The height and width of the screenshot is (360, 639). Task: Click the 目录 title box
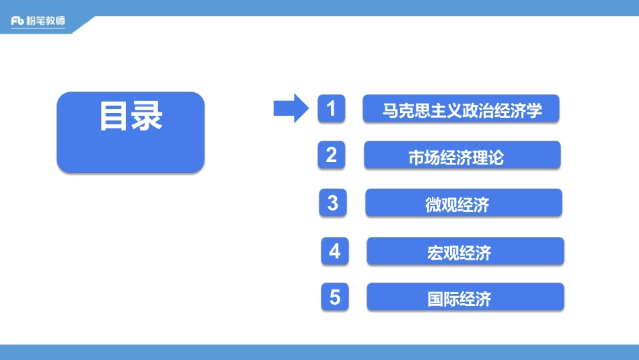coord(130,132)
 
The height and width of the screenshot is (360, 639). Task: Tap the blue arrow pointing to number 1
coord(291,108)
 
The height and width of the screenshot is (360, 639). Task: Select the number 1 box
coord(332,108)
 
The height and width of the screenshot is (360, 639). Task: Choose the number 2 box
coord(332,155)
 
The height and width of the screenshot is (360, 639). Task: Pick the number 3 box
coord(333,203)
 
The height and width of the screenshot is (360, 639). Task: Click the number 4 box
coord(335,251)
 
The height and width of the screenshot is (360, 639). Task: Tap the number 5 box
coord(335,297)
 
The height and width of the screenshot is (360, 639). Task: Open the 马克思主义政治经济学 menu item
coord(461,109)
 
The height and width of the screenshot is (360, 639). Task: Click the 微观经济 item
coord(463,203)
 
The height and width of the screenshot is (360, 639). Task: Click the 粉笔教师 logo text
coord(47,21)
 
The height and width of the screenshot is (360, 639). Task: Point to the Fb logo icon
coord(18,21)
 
